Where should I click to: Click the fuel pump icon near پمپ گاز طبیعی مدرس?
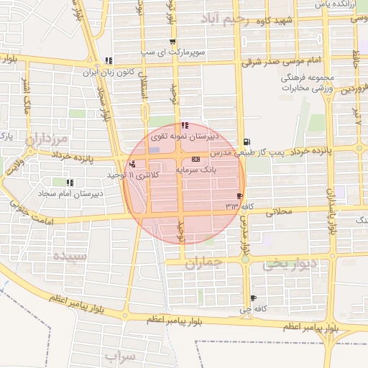(x=247, y=142)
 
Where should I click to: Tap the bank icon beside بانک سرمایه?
(x=195, y=160)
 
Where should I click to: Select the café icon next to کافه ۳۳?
(x=239, y=195)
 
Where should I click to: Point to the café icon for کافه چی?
(x=252, y=298)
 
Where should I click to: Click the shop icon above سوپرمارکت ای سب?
(x=172, y=42)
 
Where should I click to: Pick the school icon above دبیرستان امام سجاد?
(x=69, y=183)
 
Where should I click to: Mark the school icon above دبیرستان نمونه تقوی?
(x=185, y=125)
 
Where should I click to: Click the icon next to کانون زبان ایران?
(x=108, y=61)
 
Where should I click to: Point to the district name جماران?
(x=204, y=264)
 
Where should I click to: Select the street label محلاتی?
(x=280, y=211)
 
